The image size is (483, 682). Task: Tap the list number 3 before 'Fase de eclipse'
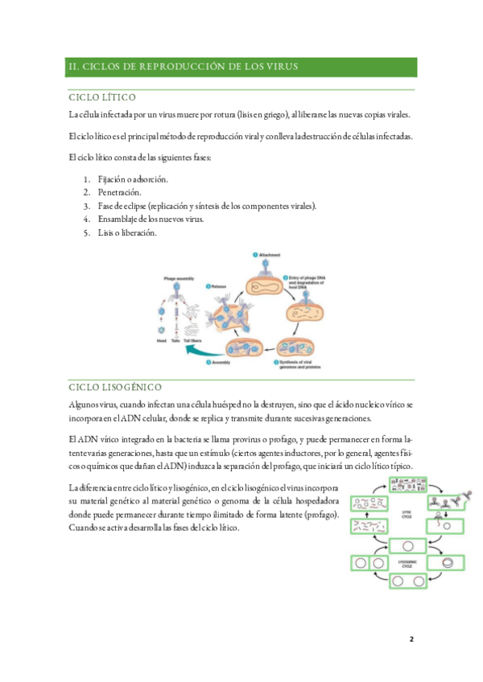(x=85, y=207)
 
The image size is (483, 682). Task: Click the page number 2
(x=411, y=639)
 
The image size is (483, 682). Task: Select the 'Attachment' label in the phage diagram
(x=269, y=255)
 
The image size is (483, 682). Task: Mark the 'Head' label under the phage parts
(x=160, y=340)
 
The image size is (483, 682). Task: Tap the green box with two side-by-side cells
(x=366, y=562)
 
